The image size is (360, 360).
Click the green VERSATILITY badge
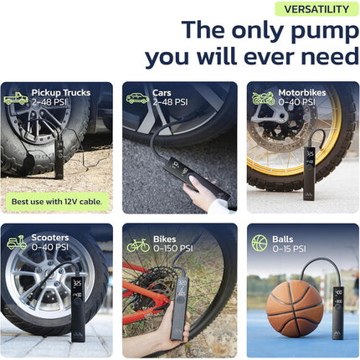(316, 9)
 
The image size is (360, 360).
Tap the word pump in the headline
(325, 31)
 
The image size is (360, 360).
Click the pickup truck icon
(16, 98)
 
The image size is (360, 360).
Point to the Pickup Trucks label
(61, 93)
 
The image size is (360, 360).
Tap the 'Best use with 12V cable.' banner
(57, 202)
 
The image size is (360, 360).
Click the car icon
(137, 98)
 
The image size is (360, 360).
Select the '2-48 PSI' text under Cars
(170, 102)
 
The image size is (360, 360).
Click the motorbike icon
(264, 98)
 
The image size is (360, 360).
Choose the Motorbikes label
(302, 93)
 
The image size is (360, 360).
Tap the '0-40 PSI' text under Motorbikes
(296, 102)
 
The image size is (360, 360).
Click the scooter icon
(17, 242)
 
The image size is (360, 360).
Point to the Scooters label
(50, 238)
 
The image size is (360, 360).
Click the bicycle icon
(138, 245)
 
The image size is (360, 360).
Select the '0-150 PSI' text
(173, 249)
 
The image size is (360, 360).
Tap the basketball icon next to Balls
(260, 243)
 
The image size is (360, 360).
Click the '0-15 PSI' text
(289, 249)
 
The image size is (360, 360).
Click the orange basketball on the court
(295, 308)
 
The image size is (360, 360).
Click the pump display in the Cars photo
(178, 168)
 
